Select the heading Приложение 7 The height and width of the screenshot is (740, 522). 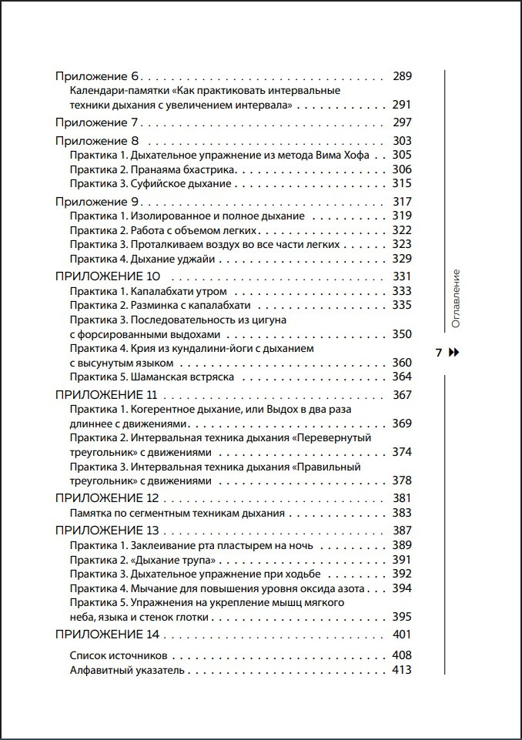[x=96, y=123]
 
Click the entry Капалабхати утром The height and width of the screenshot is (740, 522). [x=153, y=291]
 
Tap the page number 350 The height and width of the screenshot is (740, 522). [x=402, y=334]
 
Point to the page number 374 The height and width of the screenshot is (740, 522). [x=402, y=451]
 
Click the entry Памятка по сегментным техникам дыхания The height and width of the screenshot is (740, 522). [x=177, y=513]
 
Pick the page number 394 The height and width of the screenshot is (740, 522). [x=402, y=588]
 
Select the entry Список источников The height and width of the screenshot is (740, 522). [x=119, y=655]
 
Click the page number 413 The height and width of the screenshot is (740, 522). [x=402, y=670]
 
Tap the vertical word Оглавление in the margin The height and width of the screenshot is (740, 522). [x=455, y=299]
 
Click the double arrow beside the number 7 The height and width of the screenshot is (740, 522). [x=453, y=353]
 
